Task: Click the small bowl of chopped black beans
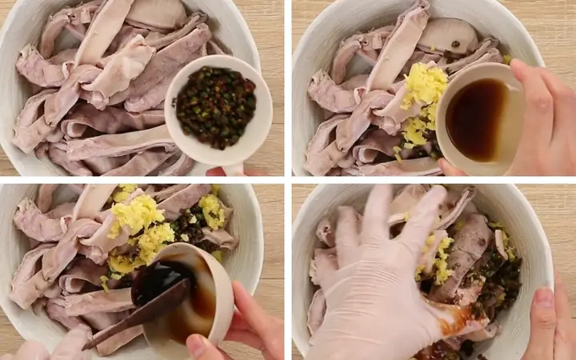point(216,106)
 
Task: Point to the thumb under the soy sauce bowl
point(450,168)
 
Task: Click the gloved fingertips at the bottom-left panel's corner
point(32,350)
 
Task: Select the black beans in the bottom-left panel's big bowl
point(189,225)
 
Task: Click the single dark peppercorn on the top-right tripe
point(454,45)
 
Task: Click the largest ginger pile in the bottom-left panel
point(138,214)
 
